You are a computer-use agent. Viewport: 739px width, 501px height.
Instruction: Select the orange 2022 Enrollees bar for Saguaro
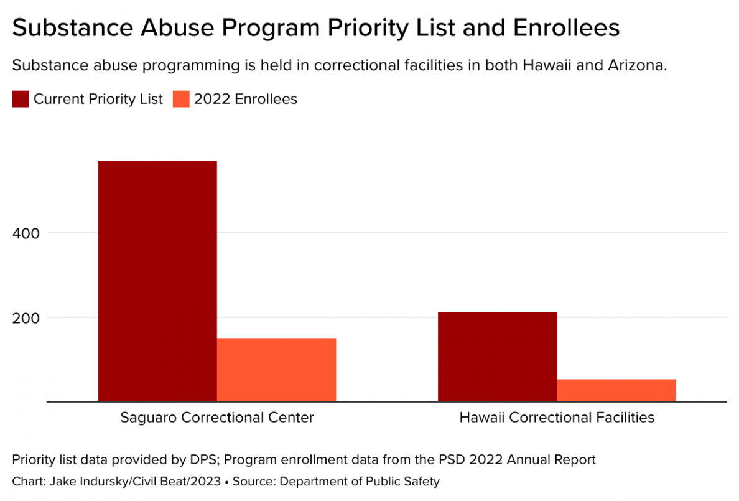[x=276, y=370]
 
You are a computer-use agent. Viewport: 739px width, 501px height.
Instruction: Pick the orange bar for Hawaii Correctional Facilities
[x=616, y=390]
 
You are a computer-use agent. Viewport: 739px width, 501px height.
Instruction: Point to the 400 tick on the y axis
[x=26, y=233]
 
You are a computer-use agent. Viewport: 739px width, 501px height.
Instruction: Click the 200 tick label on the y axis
[x=26, y=317]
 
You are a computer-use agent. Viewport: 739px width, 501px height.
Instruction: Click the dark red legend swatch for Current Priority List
[x=20, y=99]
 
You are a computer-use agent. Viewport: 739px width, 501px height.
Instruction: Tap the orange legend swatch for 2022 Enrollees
[x=181, y=99]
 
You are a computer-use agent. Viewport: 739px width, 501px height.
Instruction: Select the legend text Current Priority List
[x=98, y=99]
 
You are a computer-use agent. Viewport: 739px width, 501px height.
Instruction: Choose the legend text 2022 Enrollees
[x=246, y=99]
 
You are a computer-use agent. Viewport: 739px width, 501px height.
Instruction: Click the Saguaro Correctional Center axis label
[x=217, y=417]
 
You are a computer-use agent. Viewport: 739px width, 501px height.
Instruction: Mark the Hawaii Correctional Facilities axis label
[x=557, y=417]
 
